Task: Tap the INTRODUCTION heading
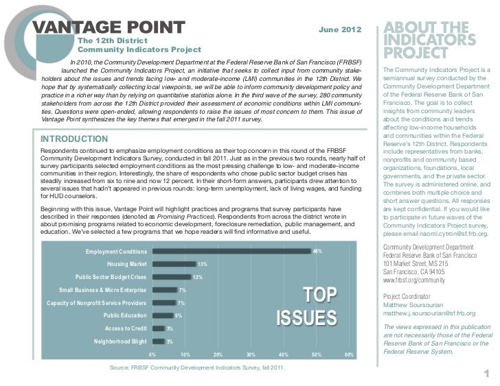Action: pos(75,139)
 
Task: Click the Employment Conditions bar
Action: pos(231,252)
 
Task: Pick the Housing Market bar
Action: pos(174,264)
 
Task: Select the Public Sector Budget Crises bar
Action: pos(171,277)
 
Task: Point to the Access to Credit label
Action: pos(124,328)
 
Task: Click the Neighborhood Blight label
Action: pos(120,341)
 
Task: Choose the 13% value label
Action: pos(203,264)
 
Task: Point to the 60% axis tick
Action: pos(349,354)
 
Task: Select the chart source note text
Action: pos(198,368)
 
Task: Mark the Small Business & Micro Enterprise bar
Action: pos(165,290)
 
